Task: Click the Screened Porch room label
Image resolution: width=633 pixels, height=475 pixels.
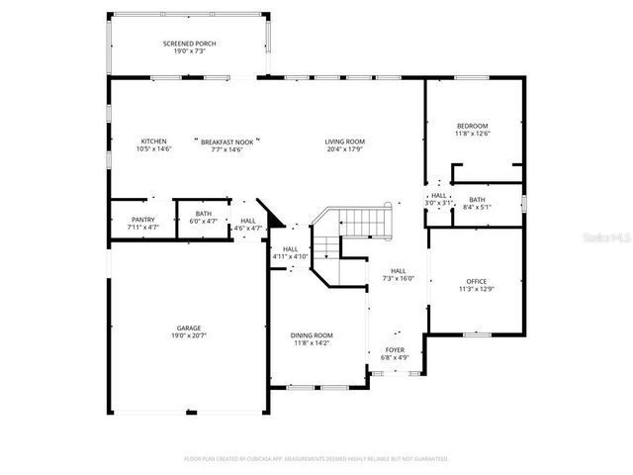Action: [x=189, y=44]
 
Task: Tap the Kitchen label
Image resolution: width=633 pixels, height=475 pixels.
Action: [x=153, y=141]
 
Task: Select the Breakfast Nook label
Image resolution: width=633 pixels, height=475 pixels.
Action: [x=222, y=141]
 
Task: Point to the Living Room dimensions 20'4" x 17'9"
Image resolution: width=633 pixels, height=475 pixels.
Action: [x=345, y=149]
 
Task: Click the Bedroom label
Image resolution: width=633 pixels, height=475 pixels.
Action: [x=472, y=126]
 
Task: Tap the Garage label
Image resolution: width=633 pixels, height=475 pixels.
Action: [x=190, y=328]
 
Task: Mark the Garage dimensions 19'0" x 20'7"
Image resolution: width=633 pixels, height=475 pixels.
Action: [x=190, y=335]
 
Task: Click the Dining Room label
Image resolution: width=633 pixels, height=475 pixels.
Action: [x=312, y=335]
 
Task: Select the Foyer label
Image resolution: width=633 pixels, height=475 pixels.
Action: [x=395, y=350]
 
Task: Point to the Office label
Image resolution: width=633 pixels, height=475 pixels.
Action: [x=475, y=281]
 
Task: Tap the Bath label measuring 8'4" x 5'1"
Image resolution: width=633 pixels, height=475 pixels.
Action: [x=477, y=200]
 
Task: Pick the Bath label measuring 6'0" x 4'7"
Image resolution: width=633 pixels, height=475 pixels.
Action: [x=203, y=213]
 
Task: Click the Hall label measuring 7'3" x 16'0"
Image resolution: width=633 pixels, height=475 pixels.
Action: [x=398, y=270]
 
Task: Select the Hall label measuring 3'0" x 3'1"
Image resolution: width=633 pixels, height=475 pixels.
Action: [x=438, y=195]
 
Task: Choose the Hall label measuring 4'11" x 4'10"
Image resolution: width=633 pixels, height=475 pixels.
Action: [x=290, y=248]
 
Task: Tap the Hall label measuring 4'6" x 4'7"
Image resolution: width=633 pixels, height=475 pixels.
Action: [x=247, y=220]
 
